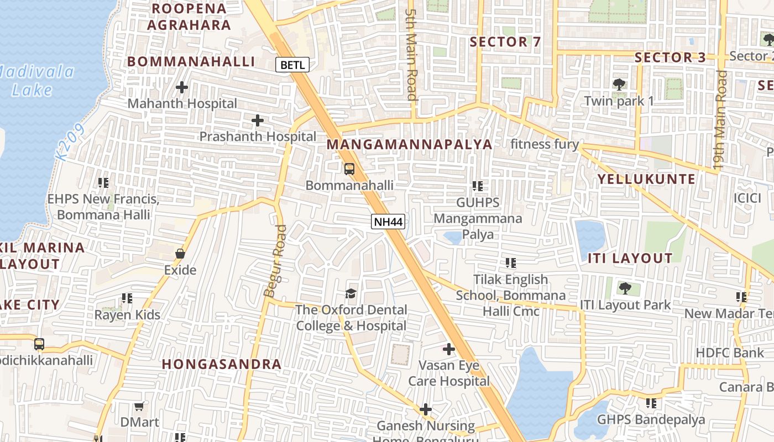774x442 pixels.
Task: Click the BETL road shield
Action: (x=292, y=65)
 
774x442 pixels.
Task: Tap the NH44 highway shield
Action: (x=388, y=222)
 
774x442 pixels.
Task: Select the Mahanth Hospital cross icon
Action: (x=182, y=87)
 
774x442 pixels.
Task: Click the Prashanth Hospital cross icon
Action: (x=257, y=120)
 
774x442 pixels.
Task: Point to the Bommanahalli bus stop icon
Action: (x=349, y=169)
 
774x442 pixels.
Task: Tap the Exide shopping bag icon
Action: (x=180, y=254)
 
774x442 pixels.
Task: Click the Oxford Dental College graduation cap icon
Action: (x=351, y=293)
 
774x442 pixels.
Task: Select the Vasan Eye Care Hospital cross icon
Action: (x=449, y=349)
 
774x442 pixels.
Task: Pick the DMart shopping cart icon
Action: (x=139, y=406)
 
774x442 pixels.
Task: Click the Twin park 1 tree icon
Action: (x=619, y=85)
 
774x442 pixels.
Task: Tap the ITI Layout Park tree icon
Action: (x=625, y=288)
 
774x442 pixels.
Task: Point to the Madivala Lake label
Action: (x=34, y=81)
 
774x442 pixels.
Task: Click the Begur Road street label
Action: (x=275, y=261)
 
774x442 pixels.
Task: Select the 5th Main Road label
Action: (x=411, y=54)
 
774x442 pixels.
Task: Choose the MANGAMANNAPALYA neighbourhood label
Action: (x=409, y=145)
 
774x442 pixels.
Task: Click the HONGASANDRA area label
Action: (x=222, y=365)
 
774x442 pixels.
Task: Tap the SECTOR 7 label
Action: (x=505, y=42)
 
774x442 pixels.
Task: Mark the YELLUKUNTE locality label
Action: (x=646, y=179)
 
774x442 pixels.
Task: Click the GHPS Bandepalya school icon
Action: (x=651, y=403)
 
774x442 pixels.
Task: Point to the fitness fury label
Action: (x=544, y=145)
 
